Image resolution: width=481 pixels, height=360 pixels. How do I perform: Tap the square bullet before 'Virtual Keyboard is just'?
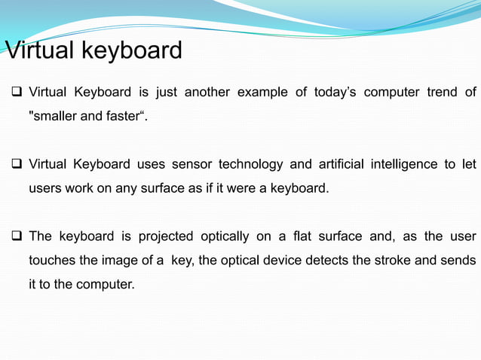(14, 93)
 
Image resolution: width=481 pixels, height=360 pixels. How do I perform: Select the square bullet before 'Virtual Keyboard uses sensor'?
(14, 164)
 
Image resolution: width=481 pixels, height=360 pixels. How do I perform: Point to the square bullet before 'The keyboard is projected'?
(14, 236)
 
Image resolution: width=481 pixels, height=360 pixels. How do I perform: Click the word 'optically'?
(225, 236)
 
